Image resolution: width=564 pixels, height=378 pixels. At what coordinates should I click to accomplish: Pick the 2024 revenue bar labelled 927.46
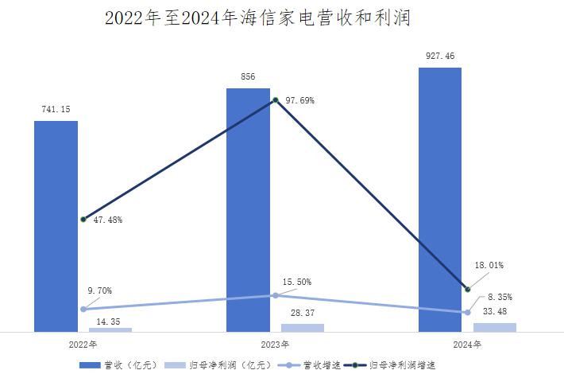440,199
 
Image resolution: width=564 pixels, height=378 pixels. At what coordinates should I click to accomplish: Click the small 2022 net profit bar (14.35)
110,329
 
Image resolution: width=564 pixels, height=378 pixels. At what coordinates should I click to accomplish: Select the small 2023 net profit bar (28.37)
303,327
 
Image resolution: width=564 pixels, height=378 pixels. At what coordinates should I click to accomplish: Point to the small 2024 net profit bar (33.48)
495,326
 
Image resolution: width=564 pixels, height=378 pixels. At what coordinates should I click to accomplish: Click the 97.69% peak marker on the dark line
275,100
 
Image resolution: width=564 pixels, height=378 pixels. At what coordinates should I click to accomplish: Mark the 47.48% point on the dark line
83,219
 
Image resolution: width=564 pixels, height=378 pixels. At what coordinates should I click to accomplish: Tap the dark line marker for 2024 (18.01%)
467,288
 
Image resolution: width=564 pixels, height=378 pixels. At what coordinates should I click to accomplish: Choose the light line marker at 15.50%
275,295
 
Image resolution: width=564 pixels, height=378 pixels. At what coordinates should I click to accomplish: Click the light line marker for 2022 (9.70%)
83,309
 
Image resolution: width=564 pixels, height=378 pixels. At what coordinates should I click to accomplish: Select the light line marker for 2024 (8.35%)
467,312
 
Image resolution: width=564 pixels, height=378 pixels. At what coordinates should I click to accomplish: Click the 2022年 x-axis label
83,345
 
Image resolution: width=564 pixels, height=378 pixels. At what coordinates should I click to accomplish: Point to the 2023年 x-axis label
275,345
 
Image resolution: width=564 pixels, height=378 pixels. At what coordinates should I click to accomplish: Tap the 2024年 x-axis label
467,345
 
